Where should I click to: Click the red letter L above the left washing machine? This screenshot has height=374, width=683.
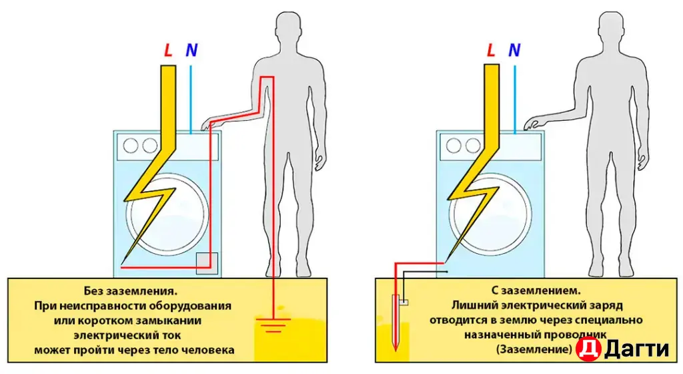(169, 49)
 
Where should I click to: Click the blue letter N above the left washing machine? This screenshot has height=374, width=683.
(191, 49)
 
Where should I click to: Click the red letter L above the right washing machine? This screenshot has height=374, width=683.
(492, 49)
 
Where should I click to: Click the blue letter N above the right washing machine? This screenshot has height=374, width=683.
(514, 49)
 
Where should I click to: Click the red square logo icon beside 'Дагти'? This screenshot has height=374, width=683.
(588, 349)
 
